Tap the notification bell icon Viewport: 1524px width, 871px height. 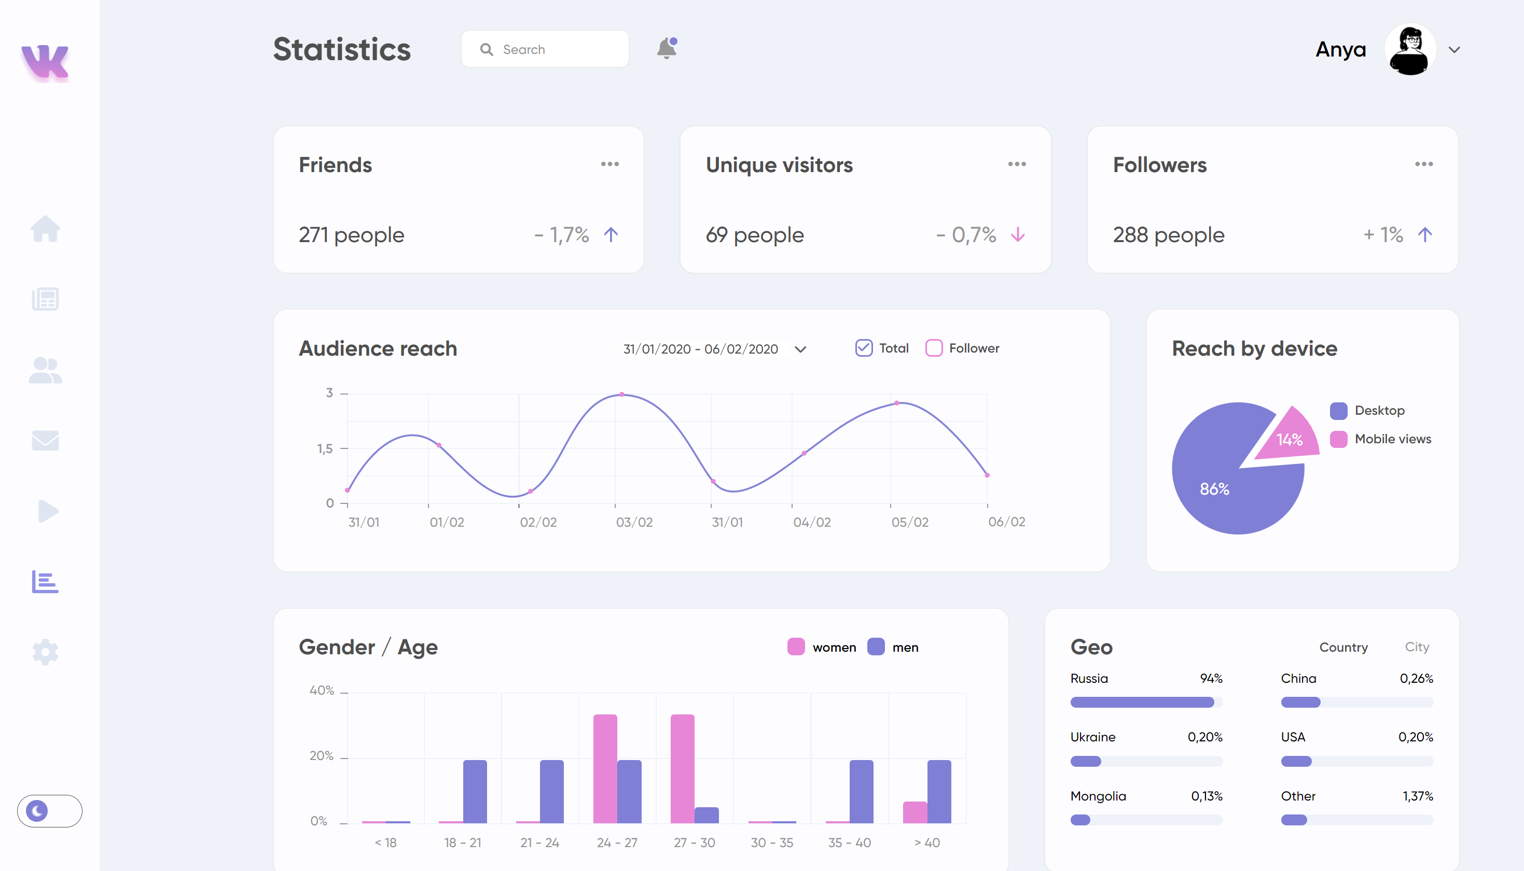point(666,48)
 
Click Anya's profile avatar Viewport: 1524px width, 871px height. point(1410,49)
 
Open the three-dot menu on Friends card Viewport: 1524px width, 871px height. point(609,164)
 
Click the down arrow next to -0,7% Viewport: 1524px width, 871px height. point(1017,234)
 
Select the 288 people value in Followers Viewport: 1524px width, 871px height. point(1168,234)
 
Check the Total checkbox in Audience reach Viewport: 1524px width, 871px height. point(864,348)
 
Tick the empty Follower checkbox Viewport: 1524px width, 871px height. point(933,348)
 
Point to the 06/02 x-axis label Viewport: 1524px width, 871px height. point(1006,522)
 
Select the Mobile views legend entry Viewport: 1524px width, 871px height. point(1392,439)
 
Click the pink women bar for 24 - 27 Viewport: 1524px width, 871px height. point(605,768)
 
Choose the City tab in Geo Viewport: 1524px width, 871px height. point(1416,647)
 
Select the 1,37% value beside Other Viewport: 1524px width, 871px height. point(1418,796)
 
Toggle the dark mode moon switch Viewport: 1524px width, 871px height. point(49,810)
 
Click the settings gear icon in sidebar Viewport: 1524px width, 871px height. point(45,652)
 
